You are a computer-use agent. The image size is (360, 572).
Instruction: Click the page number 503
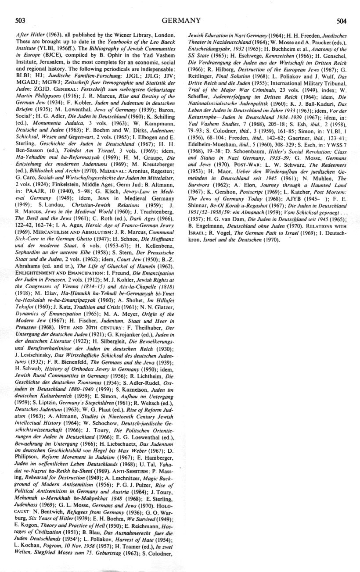(x=20, y=20)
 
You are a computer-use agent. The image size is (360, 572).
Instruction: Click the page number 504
(x=342, y=20)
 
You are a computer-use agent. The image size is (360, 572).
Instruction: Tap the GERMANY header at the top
(x=181, y=20)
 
